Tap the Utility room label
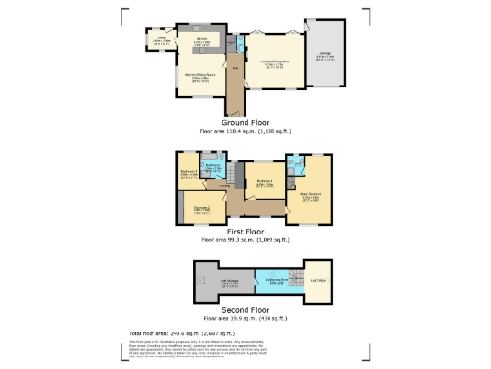[160, 41]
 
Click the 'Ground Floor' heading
[245, 123]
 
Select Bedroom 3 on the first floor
[189, 174]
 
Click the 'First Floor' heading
[245, 233]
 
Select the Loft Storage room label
[215, 283]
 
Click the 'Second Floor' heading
[245, 310]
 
